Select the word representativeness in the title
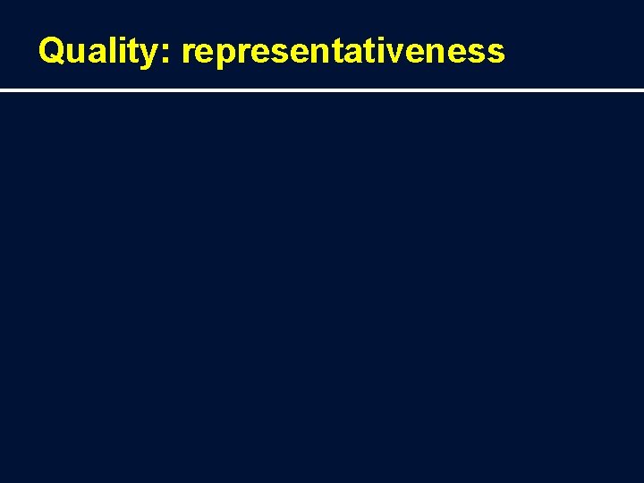(343, 52)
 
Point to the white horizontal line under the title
(322, 90)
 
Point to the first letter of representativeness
(187, 54)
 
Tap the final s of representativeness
(497, 54)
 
